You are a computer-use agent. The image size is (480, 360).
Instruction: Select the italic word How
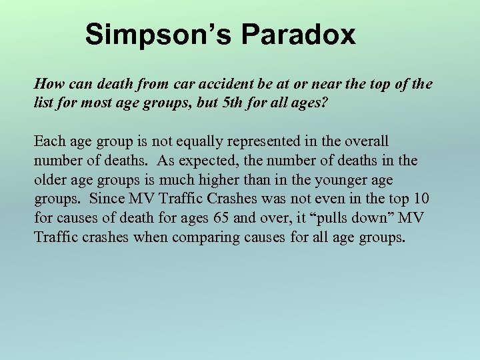tap(47, 84)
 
